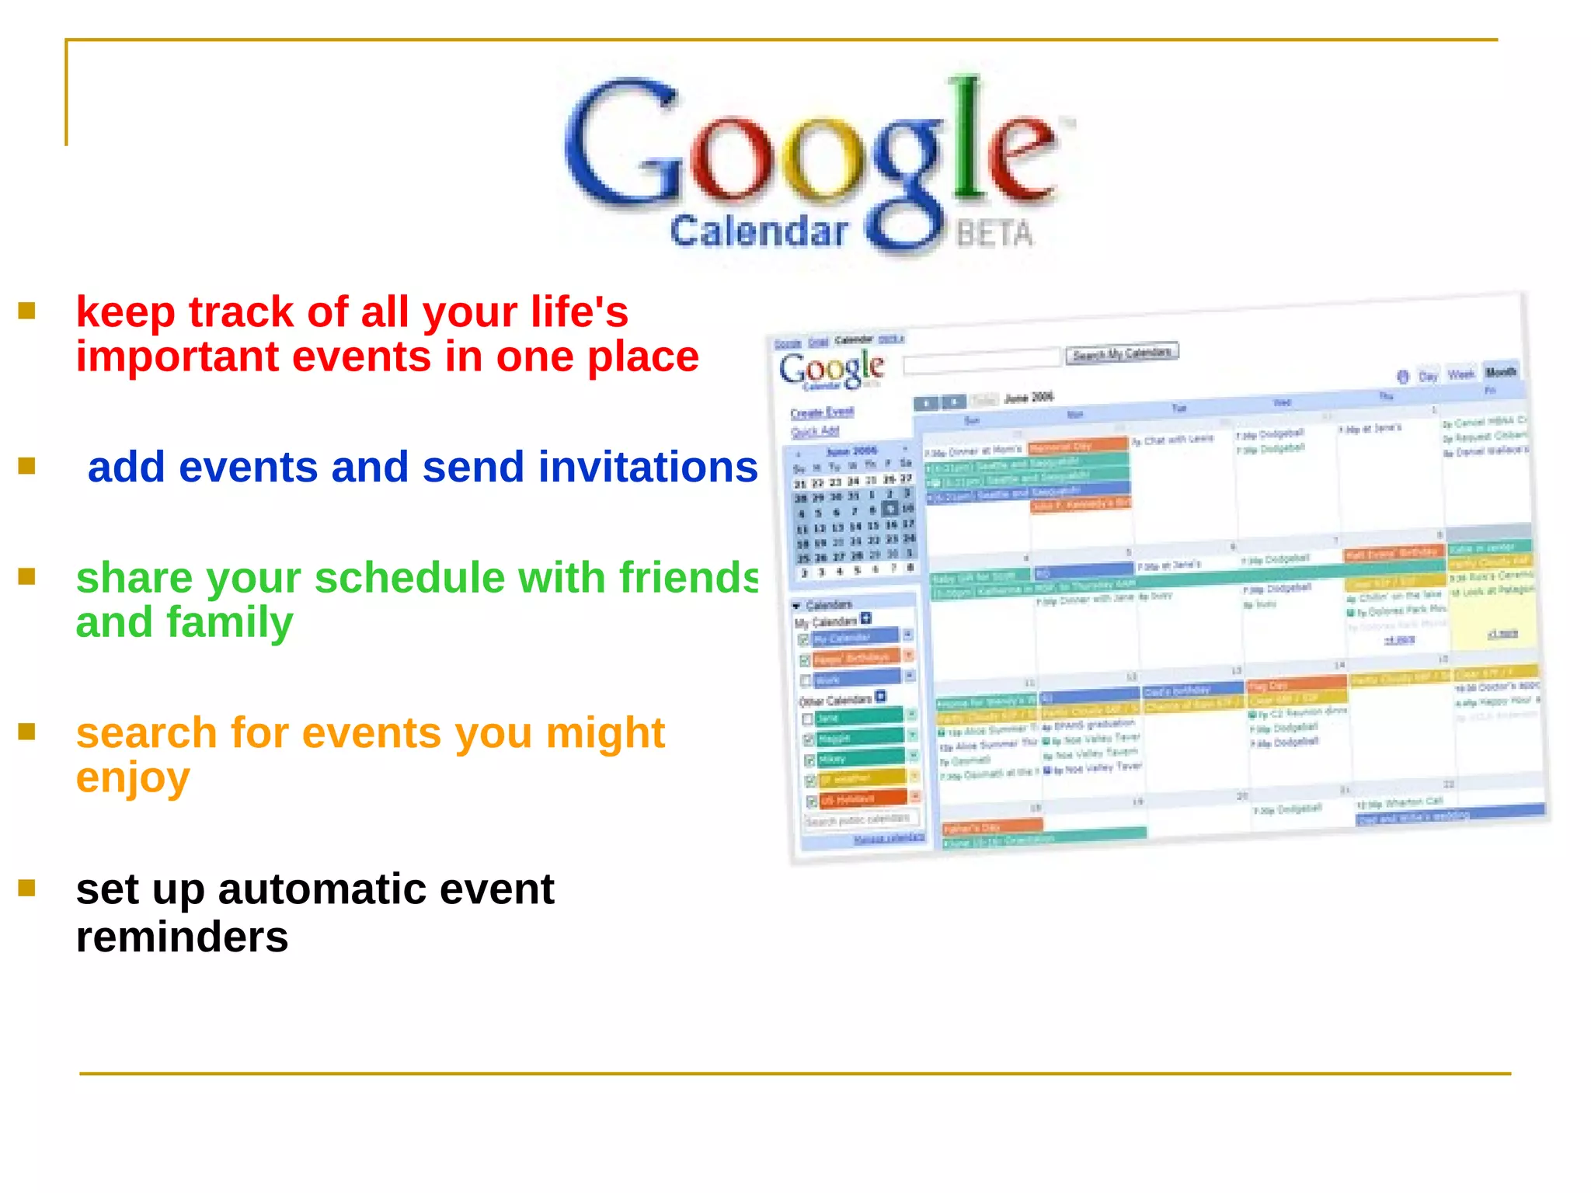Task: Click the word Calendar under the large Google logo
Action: (x=757, y=231)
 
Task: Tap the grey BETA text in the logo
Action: (x=994, y=233)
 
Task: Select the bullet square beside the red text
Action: (x=27, y=311)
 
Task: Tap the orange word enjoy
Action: (x=133, y=777)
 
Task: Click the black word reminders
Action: (x=182, y=937)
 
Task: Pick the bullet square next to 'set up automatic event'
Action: (x=27, y=888)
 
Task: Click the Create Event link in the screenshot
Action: (x=822, y=412)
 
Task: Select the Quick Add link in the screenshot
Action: (x=815, y=431)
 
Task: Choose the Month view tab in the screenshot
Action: (x=1500, y=371)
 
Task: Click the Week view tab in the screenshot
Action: (x=1460, y=374)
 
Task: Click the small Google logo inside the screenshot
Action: (x=831, y=368)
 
